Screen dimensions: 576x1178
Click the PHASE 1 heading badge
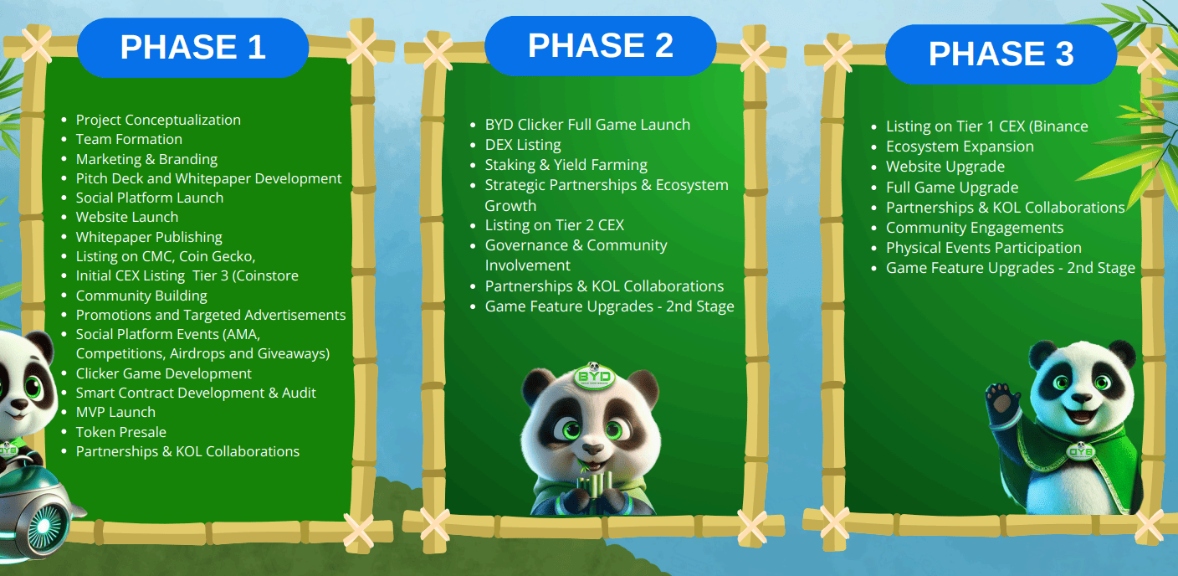(x=193, y=48)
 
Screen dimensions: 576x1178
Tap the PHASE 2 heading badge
(x=600, y=45)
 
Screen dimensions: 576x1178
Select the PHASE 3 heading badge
(x=1001, y=54)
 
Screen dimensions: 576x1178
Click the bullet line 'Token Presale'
(x=121, y=432)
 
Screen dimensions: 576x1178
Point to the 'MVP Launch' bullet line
(x=115, y=412)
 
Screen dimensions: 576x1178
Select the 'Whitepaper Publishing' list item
(x=149, y=237)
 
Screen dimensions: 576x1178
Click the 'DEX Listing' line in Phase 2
(x=523, y=145)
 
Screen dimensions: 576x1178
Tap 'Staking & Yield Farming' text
(x=566, y=165)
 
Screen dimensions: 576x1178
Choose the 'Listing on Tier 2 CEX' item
(x=555, y=225)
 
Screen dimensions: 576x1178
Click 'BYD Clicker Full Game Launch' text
(x=587, y=125)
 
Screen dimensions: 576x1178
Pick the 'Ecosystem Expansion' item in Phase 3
(x=960, y=147)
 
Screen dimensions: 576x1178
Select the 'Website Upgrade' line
(x=945, y=167)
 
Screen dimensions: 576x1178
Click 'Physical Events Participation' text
(x=984, y=248)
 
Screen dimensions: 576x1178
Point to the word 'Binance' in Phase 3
(x=1062, y=126)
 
